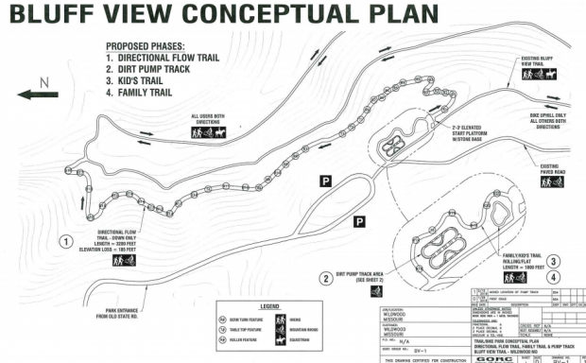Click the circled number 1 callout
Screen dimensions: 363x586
[66, 240]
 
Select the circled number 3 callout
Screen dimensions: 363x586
[555, 261]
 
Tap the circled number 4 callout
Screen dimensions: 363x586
[555, 277]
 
